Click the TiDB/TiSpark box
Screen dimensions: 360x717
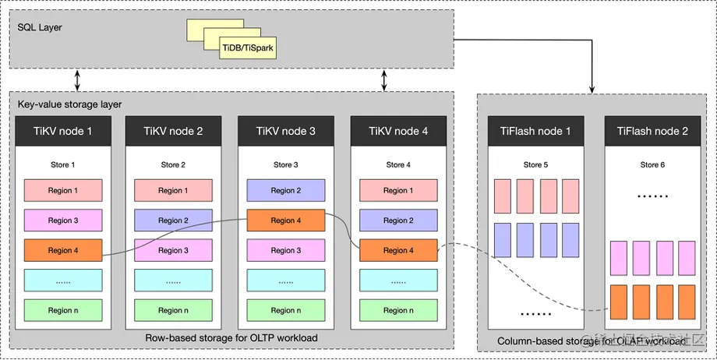[x=248, y=48]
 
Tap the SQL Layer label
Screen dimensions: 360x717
[x=40, y=28]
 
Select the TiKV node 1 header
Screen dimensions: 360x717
[x=63, y=131]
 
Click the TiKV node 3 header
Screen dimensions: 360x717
[x=285, y=131]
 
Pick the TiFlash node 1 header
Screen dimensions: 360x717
[x=535, y=131]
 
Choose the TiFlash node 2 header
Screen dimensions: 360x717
[x=652, y=131]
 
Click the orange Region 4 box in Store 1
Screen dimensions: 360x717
[x=63, y=250]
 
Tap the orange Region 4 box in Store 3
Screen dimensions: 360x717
[x=285, y=221]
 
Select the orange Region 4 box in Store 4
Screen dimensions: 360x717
[x=398, y=250]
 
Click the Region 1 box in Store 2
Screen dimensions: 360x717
[x=173, y=191]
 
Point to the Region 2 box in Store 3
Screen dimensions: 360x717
[x=285, y=191]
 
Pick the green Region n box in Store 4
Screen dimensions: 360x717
[x=398, y=310]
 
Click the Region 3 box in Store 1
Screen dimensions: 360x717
[x=63, y=221]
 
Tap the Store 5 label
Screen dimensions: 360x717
[x=535, y=165]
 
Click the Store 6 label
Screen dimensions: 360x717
[x=652, y=165]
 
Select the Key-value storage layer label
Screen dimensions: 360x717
[x=69, y=104]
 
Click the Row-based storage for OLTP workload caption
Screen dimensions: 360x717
[x=230, y=337]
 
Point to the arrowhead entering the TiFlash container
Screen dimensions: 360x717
[x=594, y=87]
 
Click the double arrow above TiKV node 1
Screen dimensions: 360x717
[x=76, y=79]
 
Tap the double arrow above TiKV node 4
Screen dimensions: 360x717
[x=384, y=79]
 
